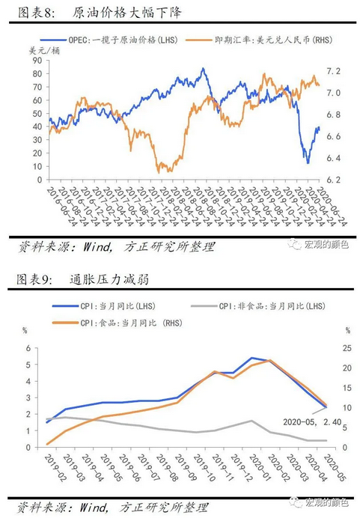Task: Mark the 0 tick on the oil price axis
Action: pyautogui.click(x=37, y=180)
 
